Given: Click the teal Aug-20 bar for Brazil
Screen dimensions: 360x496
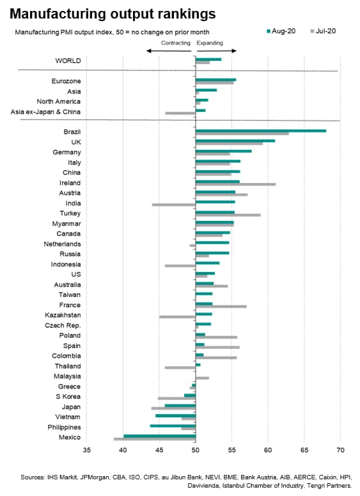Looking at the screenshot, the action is point(261,131).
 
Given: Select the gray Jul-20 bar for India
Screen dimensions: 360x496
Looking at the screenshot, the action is point(174,205).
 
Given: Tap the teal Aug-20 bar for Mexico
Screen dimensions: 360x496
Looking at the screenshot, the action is point(160,436).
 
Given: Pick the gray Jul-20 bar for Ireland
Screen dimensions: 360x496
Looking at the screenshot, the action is point(235,184).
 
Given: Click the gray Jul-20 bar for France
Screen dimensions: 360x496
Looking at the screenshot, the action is point(221,307).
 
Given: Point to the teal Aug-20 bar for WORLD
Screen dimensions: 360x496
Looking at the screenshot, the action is point(208,59).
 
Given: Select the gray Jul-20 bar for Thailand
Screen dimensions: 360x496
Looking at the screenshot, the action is point(180,367).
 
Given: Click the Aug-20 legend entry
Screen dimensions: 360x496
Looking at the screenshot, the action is point(281,31).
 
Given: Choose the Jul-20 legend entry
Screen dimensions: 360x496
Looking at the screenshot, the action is point(323,31).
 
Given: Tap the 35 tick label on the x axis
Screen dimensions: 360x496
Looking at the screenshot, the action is point(86,449).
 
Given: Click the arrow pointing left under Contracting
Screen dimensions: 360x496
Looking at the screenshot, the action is point(169,51).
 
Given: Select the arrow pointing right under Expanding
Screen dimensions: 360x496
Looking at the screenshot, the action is point(216,51).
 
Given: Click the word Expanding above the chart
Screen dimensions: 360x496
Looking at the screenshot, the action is point(210,43).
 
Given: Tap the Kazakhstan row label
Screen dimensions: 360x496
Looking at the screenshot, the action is point(63,315).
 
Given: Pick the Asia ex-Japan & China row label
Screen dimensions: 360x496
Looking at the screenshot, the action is point(45,111).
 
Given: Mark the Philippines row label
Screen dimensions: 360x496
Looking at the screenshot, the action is point(64,428).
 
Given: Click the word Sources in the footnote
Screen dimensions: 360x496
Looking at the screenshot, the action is point(33,477).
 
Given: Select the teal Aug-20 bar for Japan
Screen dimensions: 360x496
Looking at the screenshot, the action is point(180,406).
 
